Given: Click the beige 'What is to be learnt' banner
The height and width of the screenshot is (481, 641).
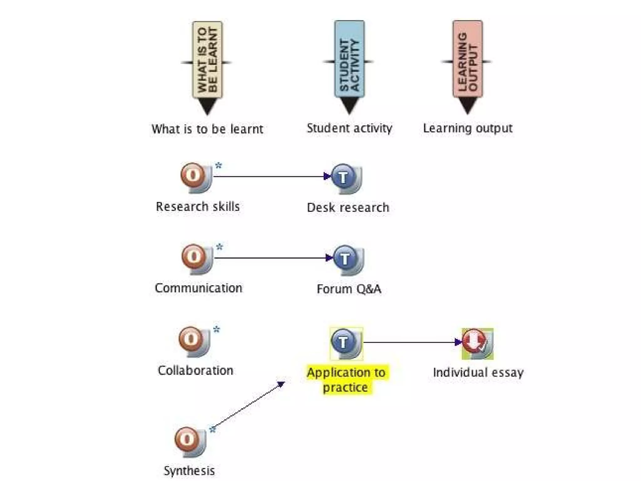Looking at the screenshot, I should (x=207, y=60).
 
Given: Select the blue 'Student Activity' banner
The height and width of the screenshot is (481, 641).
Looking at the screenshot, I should (x=349, y=59).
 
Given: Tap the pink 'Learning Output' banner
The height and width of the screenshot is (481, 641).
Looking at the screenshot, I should (x=468, y=59).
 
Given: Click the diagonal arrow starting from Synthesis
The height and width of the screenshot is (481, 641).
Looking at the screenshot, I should (x=249, y=406).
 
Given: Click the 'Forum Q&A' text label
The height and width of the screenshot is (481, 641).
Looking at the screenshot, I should (x=349, y=289).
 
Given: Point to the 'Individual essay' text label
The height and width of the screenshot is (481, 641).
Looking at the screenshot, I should (x=478, y=373).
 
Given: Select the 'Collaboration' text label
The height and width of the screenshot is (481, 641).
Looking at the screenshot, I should (x=196, y=370).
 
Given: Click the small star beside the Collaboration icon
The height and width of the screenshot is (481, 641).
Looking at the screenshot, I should (x=217, y=329).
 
